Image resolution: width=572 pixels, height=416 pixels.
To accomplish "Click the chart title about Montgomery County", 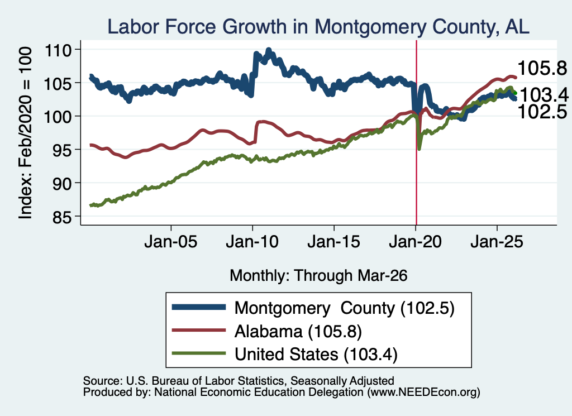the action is [x=318, y=27].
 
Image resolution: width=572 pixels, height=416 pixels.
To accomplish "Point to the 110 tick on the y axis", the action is [x=58, y=50].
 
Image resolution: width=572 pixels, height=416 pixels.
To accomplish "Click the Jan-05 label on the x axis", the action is [x=171, y=242].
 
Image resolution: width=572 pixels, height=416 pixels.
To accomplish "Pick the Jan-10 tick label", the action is [x=252, y=242].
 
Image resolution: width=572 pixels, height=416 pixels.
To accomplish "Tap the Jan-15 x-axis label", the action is [x=334, y=242].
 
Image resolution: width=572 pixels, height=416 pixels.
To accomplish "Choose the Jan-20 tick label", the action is [x=416, y=242].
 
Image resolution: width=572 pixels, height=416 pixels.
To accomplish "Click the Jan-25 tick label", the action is [x=497, y=242].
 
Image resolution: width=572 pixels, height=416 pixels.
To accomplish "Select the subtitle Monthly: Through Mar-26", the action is [x=318, y=276].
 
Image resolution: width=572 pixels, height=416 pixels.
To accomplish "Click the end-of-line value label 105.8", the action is [x=542, y=68].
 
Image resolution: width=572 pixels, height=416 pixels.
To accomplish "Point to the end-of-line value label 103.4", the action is [x=544, y=95].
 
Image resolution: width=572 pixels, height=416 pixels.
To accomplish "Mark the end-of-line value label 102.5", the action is [x=542, y=112].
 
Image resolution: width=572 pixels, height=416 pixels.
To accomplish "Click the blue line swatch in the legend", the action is [x=199, y=307].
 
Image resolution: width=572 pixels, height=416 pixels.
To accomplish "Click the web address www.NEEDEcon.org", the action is [x=423, y=393].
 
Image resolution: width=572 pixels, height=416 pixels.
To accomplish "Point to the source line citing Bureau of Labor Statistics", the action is [x=239, y=381].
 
